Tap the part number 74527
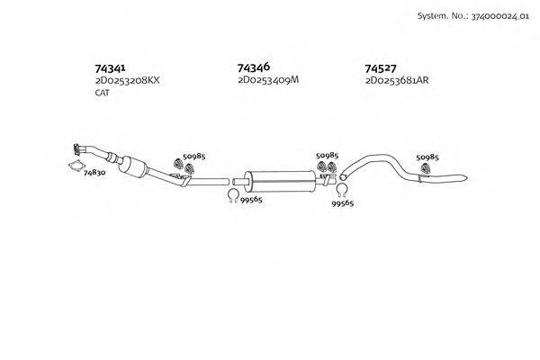pos(382,67)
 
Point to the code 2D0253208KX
pos(127,80)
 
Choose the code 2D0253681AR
pos(397,80)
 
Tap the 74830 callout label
pos(94,172)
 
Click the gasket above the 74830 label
pos(76,165)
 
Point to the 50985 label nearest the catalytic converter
pos(194,157)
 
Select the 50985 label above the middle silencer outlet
pos(328,155)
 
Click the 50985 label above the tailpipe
pos(428,157)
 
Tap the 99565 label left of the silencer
pos(250,199)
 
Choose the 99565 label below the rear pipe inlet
pos(343,204)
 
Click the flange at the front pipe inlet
pos(74,148)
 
